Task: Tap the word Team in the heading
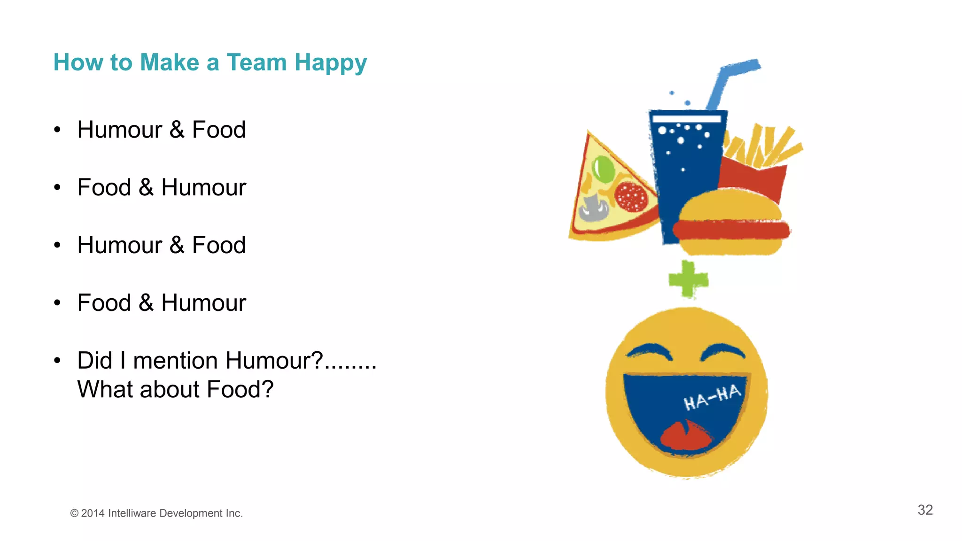256,62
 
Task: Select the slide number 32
925,510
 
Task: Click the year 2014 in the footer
93,513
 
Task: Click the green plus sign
688,280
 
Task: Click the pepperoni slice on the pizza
631,196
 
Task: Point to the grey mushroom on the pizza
594,207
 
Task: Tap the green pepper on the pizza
603,169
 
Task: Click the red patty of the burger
730,230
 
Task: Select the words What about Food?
175,389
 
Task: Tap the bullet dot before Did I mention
57,361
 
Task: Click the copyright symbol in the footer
74,513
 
